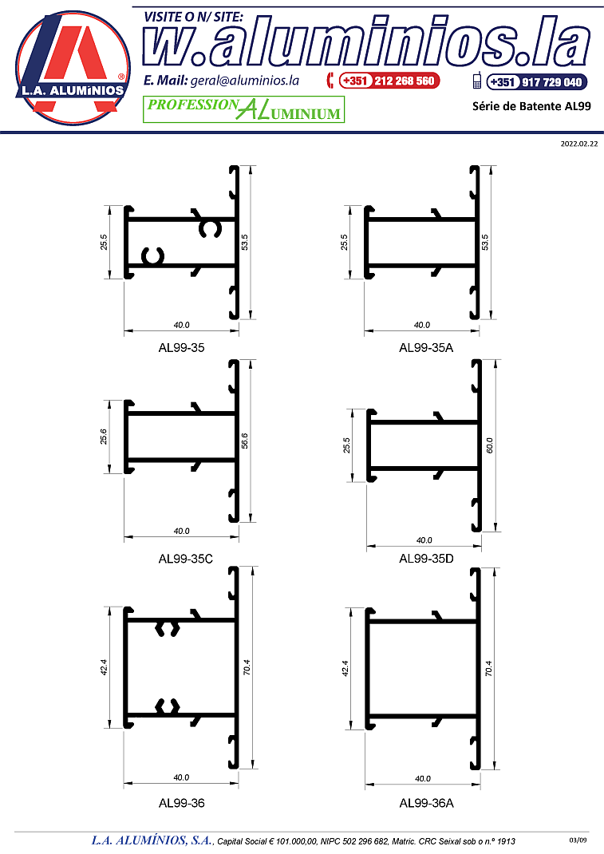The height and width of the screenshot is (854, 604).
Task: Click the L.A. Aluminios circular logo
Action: (x=73, y=68)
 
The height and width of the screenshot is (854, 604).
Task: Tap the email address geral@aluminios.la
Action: (x=244, y=81)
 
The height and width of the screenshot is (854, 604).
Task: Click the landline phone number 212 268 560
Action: (x=404, y=81)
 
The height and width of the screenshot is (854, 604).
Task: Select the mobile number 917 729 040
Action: (x=551, y=82)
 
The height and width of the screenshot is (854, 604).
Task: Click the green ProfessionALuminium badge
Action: (x=243, y=109)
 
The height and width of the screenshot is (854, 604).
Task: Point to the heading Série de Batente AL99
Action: (x=531, y=106)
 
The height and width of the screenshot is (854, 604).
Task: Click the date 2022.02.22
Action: (x=579, y=144)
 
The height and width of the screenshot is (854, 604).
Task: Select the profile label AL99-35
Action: (x=181, y=347)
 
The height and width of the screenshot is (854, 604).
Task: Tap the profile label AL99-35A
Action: (x=426, y=347)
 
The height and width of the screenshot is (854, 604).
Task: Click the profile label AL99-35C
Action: (x=186, y=559)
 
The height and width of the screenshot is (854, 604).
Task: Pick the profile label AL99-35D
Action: (x=426, y=558)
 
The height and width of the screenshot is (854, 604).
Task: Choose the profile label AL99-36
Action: (x=181, y=803)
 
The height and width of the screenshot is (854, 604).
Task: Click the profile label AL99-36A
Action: (x=426, y=803)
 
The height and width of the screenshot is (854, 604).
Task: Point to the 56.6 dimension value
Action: (x=244, y=441)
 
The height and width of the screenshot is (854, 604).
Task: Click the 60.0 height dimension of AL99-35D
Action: (x=489, y=445)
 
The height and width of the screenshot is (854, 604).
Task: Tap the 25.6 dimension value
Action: (x=104, y=437)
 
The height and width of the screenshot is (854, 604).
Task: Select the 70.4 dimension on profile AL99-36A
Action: (x=488, y=668)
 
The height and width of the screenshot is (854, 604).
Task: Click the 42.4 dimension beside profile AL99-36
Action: (x=104, y=668)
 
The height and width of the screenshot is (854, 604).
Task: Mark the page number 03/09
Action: (x=578, y=840)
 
